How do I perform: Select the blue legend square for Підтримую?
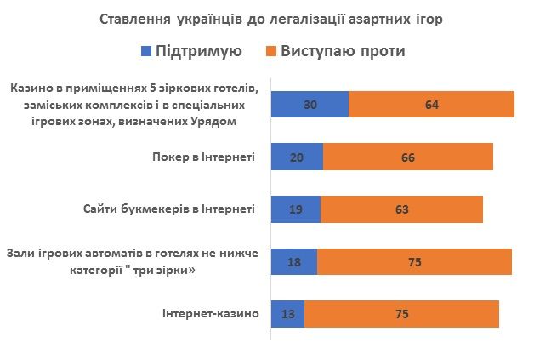pos(145,51)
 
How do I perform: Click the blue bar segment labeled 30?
pos(310,104)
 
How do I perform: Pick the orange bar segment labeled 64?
pos(431,104)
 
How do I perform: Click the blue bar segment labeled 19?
pos(295,209)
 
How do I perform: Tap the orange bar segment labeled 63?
pos(401,209)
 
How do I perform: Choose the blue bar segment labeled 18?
pos(293,262)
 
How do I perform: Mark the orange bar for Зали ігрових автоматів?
pos(414,262)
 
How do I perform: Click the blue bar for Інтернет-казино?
pos(287,314)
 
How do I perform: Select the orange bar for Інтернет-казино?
pos(401,314)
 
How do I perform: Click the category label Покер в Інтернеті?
pos(203,157)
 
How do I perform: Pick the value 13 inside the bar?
pos(287,314)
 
